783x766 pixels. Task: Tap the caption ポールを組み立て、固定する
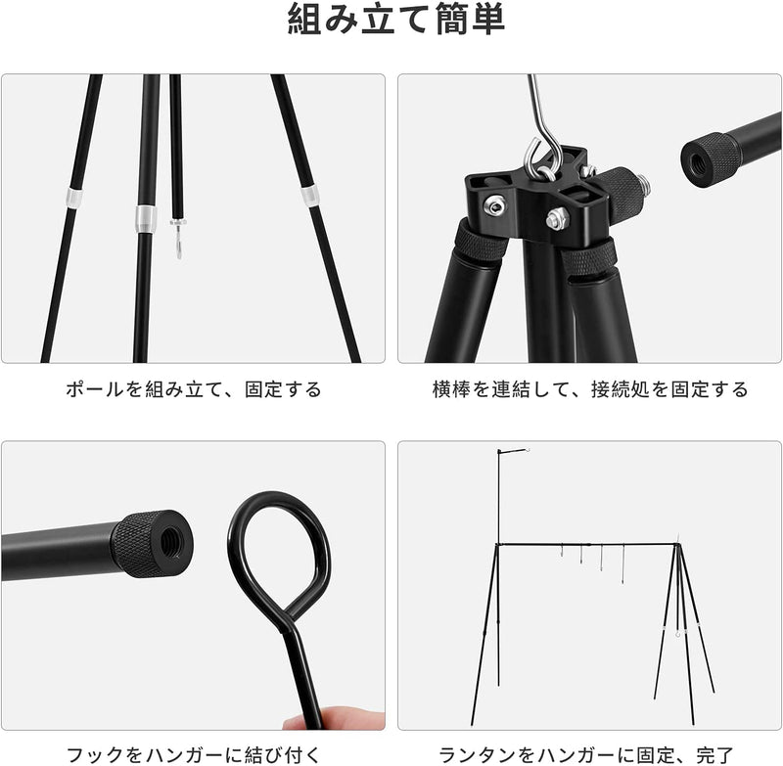click(194, 389)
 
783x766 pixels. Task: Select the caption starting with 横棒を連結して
click(590, 389)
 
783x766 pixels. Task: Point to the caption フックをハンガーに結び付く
click(194, 754)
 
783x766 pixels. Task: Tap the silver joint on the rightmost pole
click(310, 194)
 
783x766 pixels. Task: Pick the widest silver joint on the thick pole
click(144, 218)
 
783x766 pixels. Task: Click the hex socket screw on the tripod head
click(494, 204)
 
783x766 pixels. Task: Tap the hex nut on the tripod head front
click(555, 218)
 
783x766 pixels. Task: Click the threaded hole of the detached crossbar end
click(701, 158)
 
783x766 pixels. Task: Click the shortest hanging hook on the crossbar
click(562, 553)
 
